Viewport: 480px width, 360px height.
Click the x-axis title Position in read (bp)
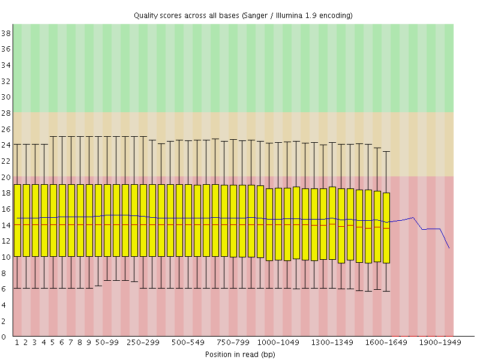240,354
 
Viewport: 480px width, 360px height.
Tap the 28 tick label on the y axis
7,113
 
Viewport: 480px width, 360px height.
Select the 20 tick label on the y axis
7,177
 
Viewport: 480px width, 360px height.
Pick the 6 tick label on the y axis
7,289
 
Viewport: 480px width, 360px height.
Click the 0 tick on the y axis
7,337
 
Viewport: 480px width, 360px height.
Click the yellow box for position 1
17,220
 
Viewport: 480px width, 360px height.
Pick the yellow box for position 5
53,220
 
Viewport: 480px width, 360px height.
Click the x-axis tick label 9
89,343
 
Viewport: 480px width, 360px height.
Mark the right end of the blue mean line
449,247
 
